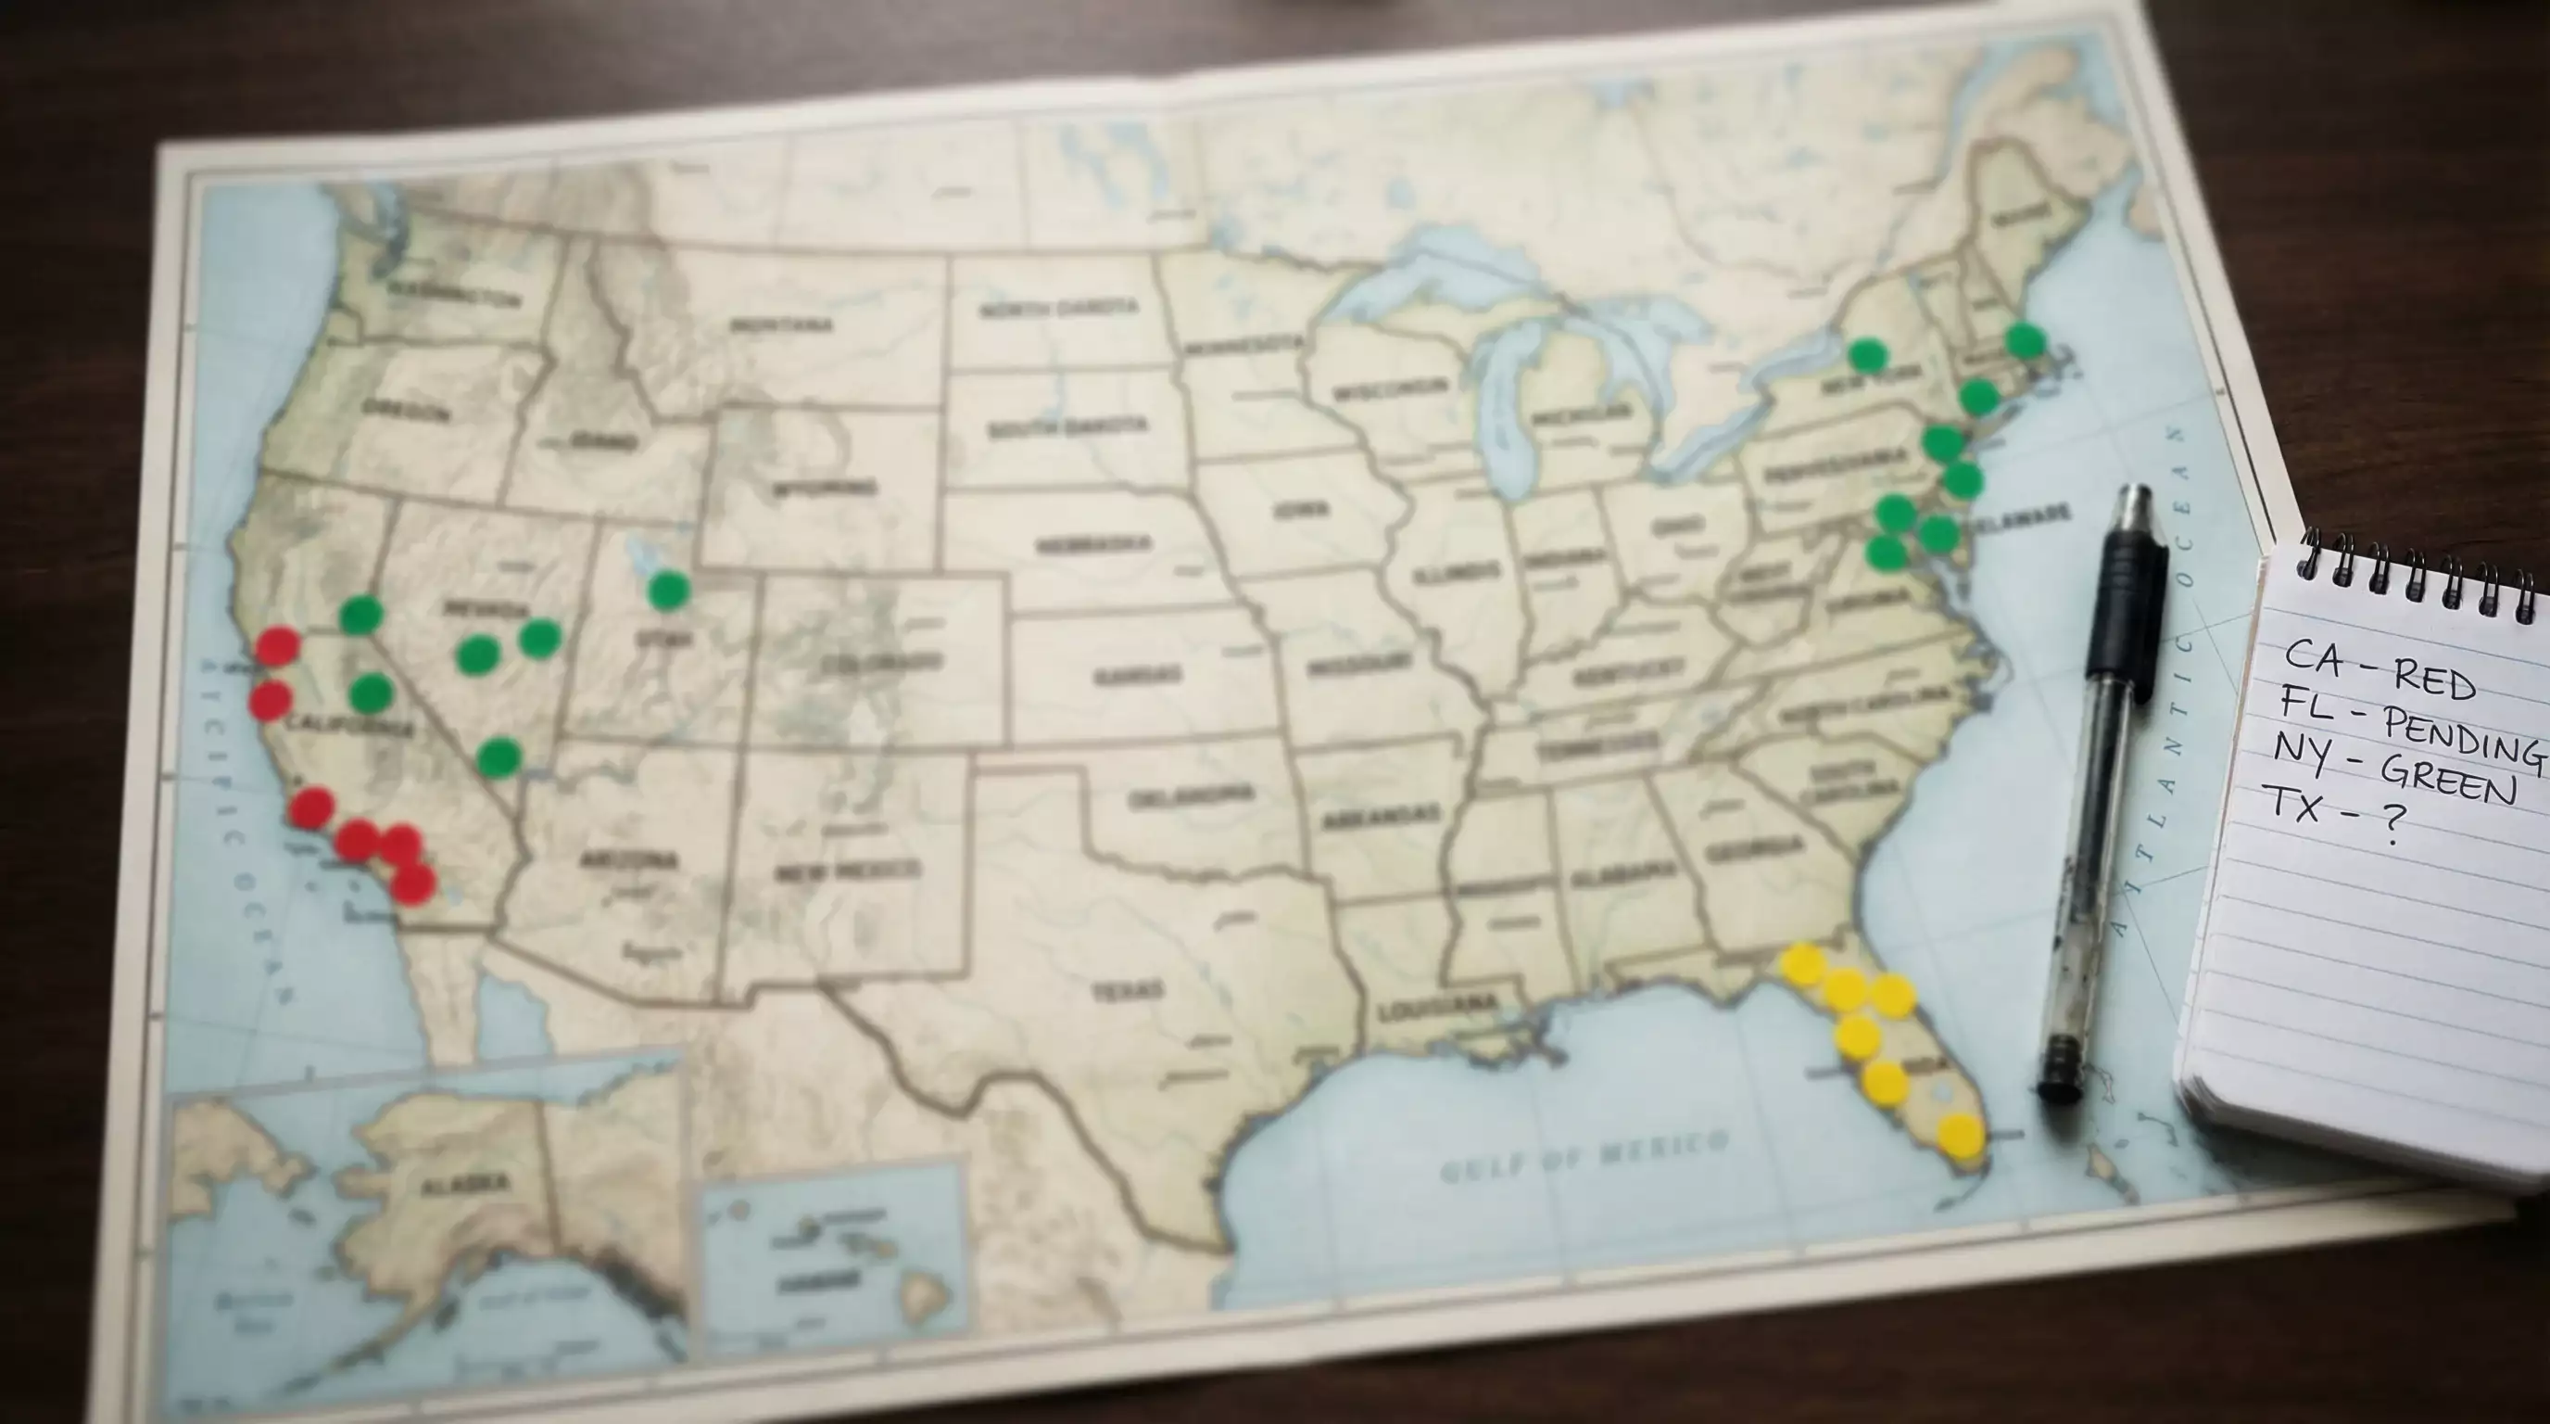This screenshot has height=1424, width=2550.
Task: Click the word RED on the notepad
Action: coord(2434,680)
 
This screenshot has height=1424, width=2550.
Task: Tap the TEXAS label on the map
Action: coord(1128,991)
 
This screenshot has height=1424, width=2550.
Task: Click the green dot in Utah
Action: coord(669,591)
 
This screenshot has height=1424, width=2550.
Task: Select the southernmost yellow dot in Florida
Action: coord(1960,1136)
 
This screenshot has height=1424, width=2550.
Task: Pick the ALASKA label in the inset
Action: coord(465,1183)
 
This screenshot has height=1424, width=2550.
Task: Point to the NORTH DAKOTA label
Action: coord(1058,309)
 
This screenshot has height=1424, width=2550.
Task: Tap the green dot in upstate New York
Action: coord(1867,354)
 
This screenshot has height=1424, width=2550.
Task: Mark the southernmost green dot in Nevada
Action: coord(499,757)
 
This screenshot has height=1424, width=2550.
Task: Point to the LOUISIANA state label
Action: coord(1436,1007)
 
